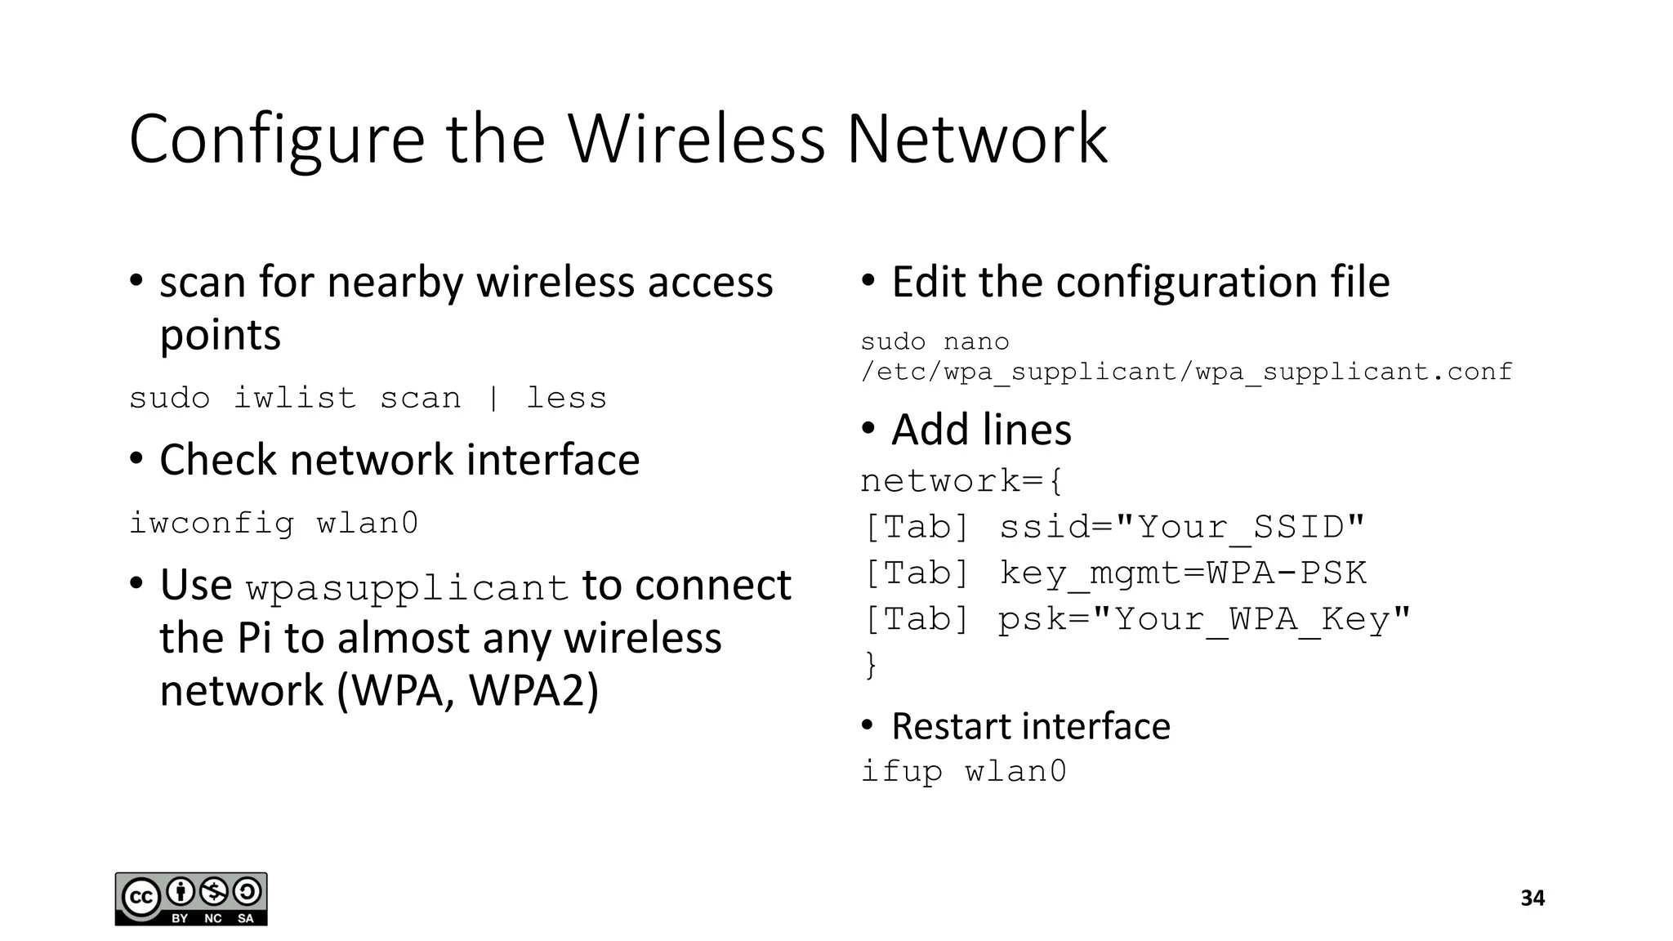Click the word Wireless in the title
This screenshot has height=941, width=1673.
point(697,139)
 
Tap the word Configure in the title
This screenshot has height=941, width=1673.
point(276,140)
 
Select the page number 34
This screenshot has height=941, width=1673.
point(1532,899)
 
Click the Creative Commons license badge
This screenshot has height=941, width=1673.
point(191,899)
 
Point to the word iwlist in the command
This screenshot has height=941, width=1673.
point(295,399)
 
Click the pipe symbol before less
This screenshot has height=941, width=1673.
point(493,399)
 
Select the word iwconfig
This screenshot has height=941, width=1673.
point(212,523)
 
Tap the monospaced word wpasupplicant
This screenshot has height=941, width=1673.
point(407,588)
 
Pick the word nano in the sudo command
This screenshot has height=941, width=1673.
point(976,341)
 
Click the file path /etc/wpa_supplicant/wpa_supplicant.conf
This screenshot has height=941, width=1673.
point(1186,372)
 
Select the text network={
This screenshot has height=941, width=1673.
point(962,481)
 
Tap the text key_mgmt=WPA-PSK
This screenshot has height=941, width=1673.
point(1183,573)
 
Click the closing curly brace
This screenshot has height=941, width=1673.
point(871,664)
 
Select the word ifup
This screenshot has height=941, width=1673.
point(901,771)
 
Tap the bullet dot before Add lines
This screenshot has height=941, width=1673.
point(868,428)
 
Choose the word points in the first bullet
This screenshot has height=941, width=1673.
point(220,335)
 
